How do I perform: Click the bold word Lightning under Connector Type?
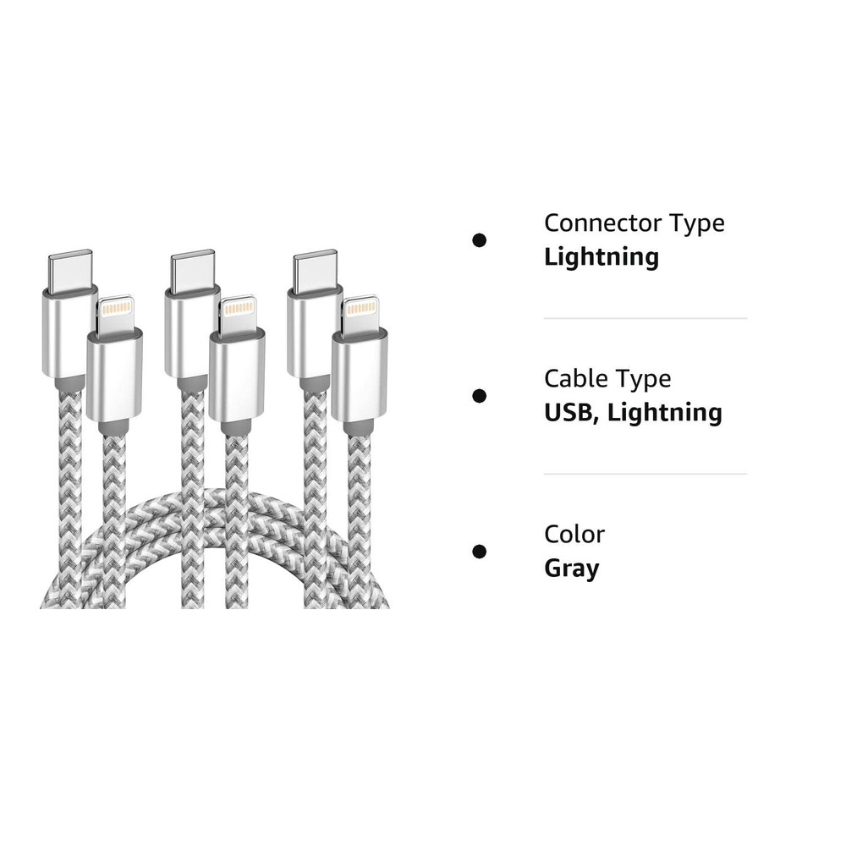point(602,257)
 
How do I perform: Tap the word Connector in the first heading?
point(603,222)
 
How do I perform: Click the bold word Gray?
point(572,569)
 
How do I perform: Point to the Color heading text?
point(574,535)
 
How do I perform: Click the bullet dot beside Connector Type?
point(479,240)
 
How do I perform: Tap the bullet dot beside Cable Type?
point(479,396)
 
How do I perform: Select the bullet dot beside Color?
point(479,552)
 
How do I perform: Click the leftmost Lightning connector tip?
point(114,313)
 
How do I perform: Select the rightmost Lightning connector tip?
point(360,313)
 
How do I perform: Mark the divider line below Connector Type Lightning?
point(645,318)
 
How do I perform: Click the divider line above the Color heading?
point(645,475)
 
